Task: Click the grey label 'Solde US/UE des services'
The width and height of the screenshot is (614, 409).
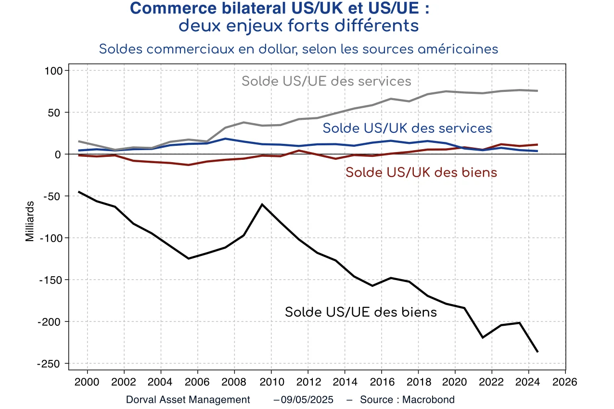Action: pyautogui.click(x=326, y=81)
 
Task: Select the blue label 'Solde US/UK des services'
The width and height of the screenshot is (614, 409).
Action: pyautogui.click(x=407, y=128)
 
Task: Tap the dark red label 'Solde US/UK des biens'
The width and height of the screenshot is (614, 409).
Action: pyautogui.click(x=421, y=172)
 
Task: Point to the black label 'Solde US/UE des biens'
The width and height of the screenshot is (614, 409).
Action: pyautogui.click(x=361, y=312)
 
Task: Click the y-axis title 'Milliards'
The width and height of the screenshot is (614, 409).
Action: pyautogui.click(x=30, y=221)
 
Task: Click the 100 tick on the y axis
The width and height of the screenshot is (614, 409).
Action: pyautogui.click(x=54, y=71)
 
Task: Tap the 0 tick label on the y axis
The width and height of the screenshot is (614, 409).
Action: pyautogui.click(x=60, y=154)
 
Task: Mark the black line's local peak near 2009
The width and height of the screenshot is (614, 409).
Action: pyautogui.click(x=262, y=204)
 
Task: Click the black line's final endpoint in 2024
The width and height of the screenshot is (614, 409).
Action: pyautogui.click(x=537, y=352)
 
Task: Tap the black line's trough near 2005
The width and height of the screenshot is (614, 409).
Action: pyautogui.click(x=189, y=258)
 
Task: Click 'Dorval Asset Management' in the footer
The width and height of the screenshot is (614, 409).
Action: pyautogui.click(x=188, y=400)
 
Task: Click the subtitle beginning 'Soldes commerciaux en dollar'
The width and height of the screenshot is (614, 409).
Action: pyautogui.click(x=298, y=49)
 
